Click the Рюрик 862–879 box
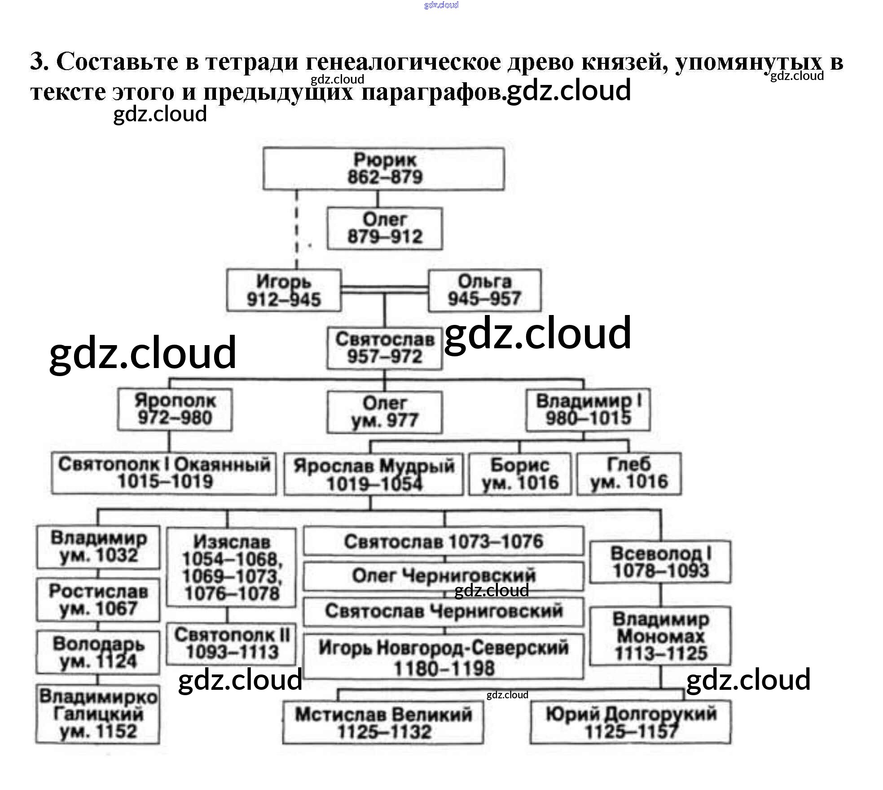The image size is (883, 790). [383, 169]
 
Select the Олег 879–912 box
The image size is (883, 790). [384, 228]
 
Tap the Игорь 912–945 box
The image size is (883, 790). [283, 290]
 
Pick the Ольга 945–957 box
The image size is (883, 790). [484, 290]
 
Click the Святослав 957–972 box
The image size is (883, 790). [384, 348]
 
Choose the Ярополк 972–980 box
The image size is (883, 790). [175, 409]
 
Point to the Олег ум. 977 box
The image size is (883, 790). [384, 412]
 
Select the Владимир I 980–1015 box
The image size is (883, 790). [588, 409]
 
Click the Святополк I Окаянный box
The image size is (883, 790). [164, 473]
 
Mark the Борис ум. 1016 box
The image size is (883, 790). [520, 474]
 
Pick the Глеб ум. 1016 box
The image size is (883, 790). [628, 474]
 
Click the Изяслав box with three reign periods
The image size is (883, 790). [231, 567]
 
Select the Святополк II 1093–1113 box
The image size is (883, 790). [231, 644]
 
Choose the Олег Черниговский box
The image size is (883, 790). [444, 576]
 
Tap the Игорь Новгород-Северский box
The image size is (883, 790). [444, 657]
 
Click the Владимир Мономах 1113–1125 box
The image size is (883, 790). [660, 636]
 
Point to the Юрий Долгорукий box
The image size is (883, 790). [630, 723]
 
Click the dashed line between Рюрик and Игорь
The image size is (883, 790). [296, 229]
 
